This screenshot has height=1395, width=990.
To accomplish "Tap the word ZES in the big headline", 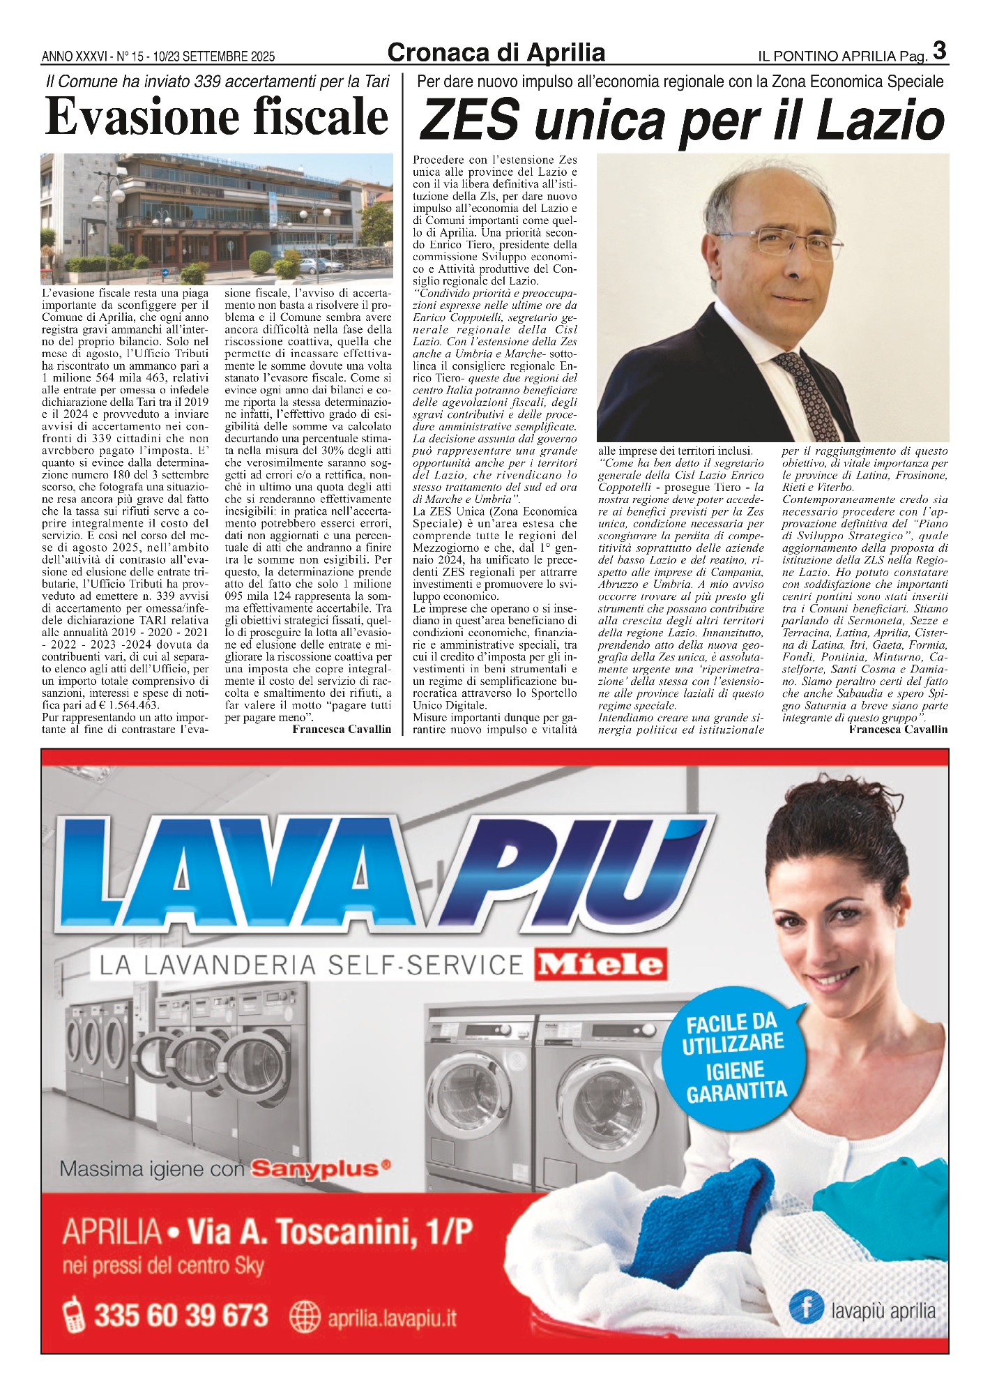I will coord(470,119).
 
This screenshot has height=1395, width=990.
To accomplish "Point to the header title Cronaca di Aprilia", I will coord(496,53).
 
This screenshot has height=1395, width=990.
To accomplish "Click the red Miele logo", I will coord(601,965).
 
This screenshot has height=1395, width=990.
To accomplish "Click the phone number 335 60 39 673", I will coord(181,1315).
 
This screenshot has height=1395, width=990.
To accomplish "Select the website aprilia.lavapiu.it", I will coord(392,1318).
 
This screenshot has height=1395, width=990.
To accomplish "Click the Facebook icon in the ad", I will coord(807,1306).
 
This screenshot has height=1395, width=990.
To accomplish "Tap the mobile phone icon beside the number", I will coord(73,1315).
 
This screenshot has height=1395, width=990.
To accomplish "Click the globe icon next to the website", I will coord(304,1317).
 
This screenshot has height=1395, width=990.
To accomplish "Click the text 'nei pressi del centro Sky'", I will coord(163,1265).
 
